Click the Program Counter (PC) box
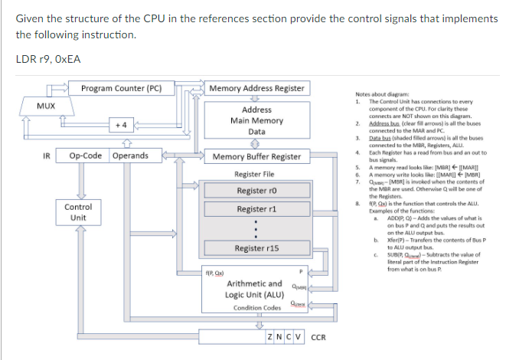click(121, 88)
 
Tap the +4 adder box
click(120, 123)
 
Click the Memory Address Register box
click(256, 88)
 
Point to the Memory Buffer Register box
click(256, 156)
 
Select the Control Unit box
click(78, 212)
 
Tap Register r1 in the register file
click(256, 209)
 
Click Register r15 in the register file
click(256, 249)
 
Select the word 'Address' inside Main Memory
click(256, 110)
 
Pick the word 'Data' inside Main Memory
click(256, 131)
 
